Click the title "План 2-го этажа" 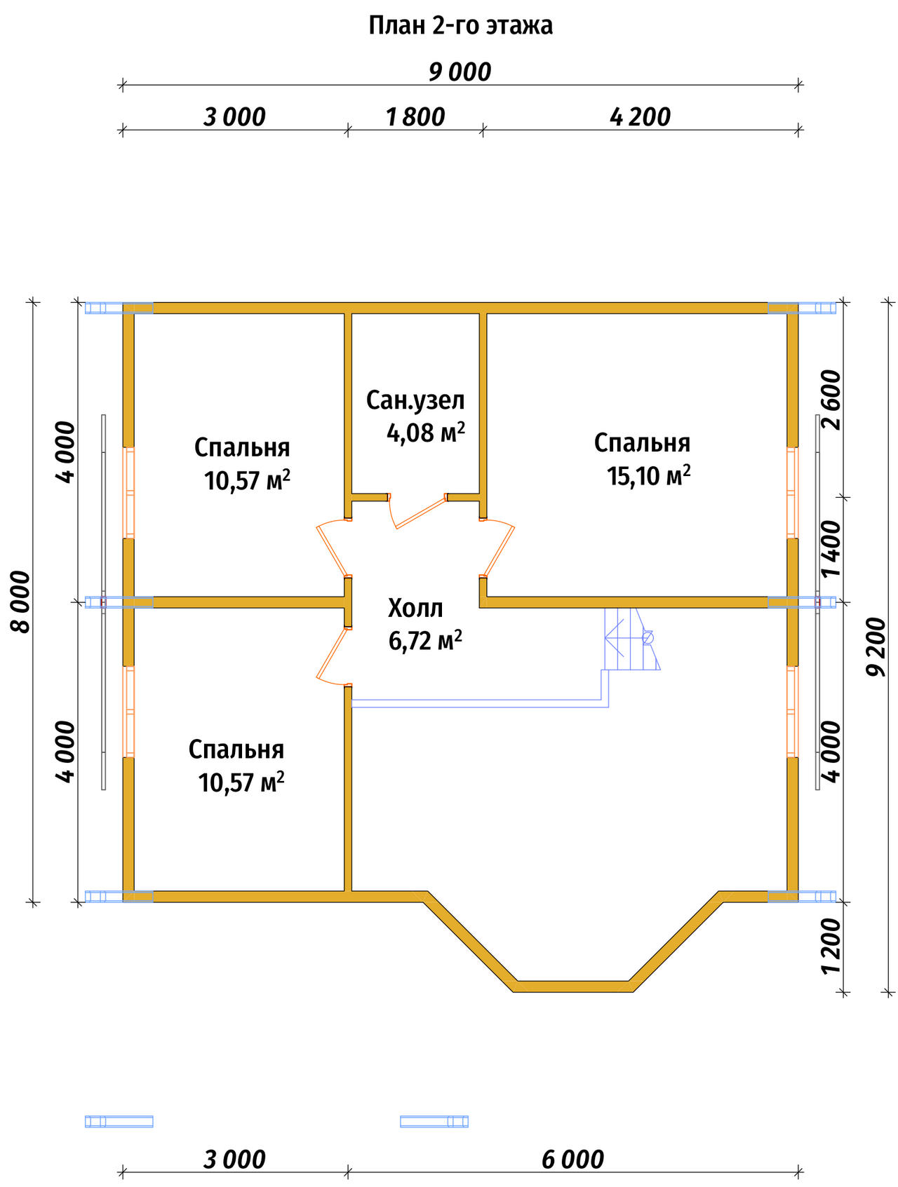tap(460, 26)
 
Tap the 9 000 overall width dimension tap(460, 72)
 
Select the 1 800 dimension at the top tap(415, 117)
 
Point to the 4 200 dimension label tap(640, 117)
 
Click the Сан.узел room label tap(415, 400)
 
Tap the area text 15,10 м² tap(649, 476)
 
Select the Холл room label tap(415, 608)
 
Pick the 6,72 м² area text tap(425, 641)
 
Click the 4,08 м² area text tap(426, 433)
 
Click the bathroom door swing tap(418, 510)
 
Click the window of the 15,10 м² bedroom tap(792, 492)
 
